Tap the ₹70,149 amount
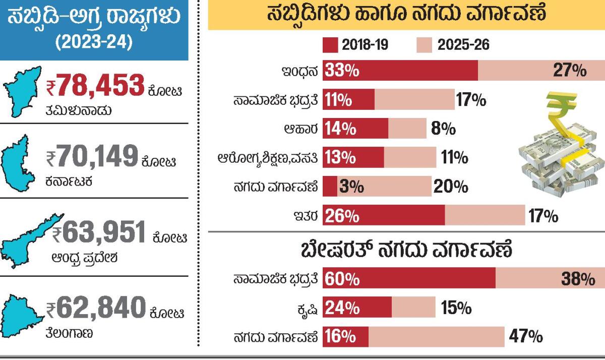(91, 156)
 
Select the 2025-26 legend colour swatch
(425, 45)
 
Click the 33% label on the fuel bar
(341, 71)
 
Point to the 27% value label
(570, 71)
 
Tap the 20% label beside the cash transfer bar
(451, 187)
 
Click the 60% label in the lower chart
(342, 279)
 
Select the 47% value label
(525, 337)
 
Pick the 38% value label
(578, 279)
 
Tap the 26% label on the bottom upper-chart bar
(342, 216)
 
